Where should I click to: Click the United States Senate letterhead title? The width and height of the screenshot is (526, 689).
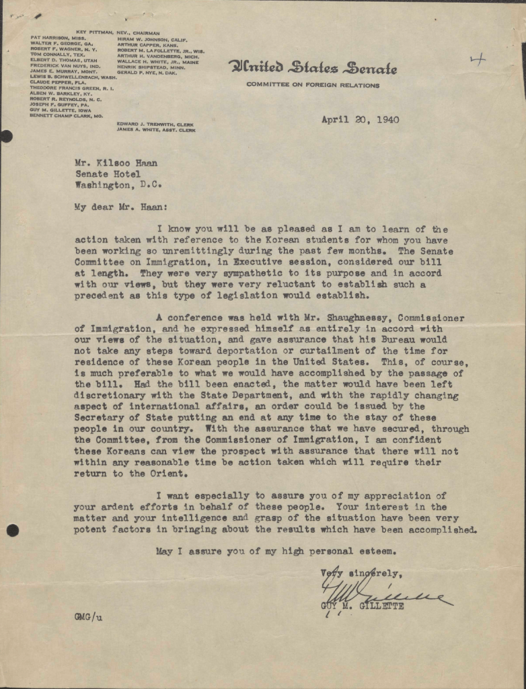(x=313, y=68)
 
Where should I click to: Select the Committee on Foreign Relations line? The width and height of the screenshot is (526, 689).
(x=313, y=85)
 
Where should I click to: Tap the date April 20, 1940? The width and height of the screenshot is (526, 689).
(x=360, y=120)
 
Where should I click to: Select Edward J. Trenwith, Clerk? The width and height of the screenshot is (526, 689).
(x=155, y=124)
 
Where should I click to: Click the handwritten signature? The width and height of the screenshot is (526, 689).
(x=377, y=592)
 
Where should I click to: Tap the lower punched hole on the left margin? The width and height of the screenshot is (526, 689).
(x=12, y=531)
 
